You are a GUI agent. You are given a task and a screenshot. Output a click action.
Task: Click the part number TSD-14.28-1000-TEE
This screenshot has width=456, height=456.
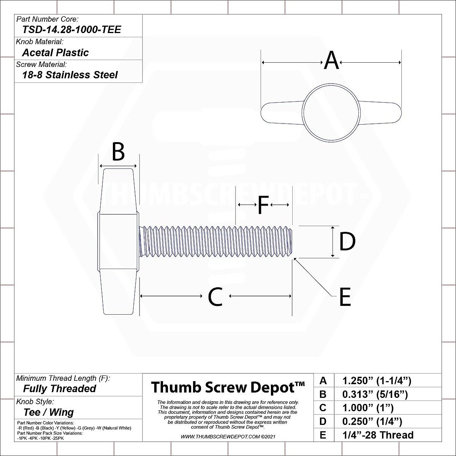(71, 30)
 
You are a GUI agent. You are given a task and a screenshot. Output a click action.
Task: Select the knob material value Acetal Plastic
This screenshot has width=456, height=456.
(55, 52)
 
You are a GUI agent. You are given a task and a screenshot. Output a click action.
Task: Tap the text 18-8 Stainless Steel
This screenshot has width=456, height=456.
(70, 75)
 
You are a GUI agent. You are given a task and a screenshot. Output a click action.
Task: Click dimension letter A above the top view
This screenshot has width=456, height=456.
(331, 61)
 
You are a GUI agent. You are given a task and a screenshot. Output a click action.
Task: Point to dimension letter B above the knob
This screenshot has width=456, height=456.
(118, 152)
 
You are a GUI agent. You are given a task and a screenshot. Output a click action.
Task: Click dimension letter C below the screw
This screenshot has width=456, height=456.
(215, 297)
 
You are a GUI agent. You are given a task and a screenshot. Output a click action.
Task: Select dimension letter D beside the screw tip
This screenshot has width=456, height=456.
(347, 242)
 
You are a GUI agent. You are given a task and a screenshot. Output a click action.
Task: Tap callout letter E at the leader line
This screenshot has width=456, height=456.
(345, 297)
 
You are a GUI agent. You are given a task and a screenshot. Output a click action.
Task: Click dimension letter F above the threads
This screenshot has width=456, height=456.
(263, 205)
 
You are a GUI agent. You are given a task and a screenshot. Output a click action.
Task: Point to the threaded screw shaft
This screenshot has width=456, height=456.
(217, 241)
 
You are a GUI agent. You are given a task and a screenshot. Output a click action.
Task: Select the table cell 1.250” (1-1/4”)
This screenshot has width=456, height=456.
(377, 381)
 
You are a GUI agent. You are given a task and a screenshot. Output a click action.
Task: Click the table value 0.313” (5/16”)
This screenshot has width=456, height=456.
(375, 394)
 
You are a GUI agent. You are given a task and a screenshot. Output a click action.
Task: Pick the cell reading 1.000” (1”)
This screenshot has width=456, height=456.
(368, 408)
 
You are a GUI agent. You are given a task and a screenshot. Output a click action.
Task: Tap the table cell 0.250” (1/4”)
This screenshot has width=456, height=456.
(372, 421)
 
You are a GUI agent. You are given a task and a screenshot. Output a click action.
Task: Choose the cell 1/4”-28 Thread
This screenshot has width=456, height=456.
(378, 435)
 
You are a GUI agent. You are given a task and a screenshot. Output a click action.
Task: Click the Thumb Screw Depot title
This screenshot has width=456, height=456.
(228, 387)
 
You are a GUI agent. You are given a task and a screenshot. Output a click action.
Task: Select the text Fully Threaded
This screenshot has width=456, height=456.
(60, 389)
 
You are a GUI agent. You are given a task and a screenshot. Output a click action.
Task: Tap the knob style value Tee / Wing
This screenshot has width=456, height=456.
(48, 412)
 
